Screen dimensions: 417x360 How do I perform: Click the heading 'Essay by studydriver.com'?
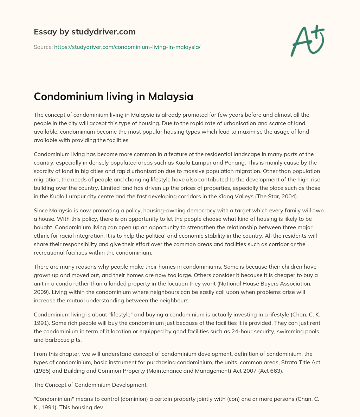click(x=84, y=32)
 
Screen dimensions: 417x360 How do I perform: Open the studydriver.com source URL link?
click(x=127, y=47)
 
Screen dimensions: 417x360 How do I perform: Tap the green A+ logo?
click(x=307, y=41)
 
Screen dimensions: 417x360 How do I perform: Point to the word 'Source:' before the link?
click(x=43, y=47)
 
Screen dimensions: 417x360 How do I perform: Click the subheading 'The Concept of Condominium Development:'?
click(x=91, y=385)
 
